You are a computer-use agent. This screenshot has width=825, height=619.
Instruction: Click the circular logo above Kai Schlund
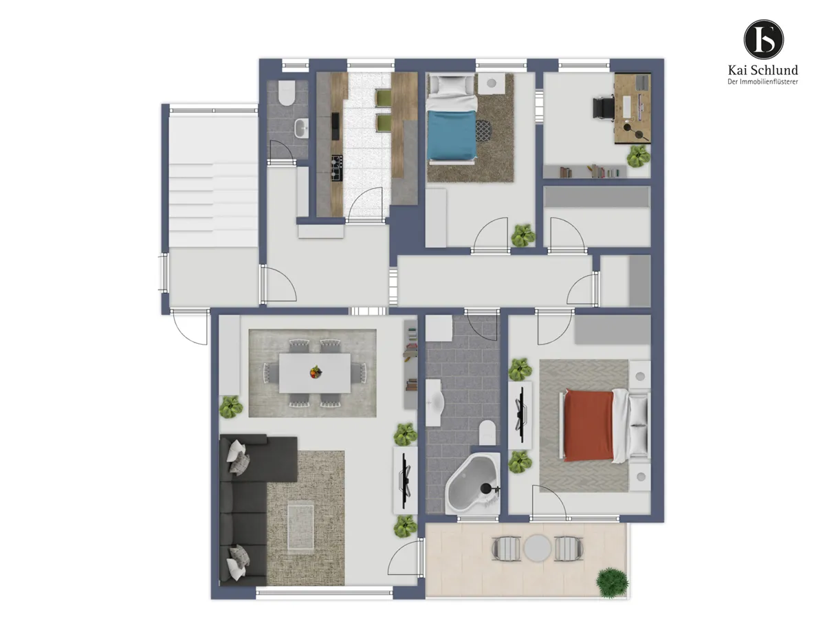(x=763, y=39)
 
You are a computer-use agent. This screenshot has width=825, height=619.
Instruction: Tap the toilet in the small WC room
(x=287, y=93)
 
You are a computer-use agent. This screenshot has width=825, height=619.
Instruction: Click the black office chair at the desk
(x=603, y=107)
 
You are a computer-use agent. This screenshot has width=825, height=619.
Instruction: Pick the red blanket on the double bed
(x=588, y=425)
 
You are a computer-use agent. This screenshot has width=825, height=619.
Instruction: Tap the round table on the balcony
(x=538, y=548)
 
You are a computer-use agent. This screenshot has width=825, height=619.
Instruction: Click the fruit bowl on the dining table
(x=316, y=372)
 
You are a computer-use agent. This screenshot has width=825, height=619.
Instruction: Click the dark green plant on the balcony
(x=613, y=583)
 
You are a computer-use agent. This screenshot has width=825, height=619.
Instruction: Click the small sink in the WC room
(x=302, y=128)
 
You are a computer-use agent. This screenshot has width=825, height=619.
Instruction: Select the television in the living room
(x=406, y=481)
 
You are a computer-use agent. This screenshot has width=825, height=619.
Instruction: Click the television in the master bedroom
(x=521, y=415)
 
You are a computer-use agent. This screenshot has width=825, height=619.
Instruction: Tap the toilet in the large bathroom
(x=487, y=432)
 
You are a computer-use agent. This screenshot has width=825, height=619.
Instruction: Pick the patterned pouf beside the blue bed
(x=483, y=131)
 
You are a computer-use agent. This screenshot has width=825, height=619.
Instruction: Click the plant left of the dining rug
(x=231, y=406)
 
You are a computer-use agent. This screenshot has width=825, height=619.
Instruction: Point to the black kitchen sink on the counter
(x=335, y=126)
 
